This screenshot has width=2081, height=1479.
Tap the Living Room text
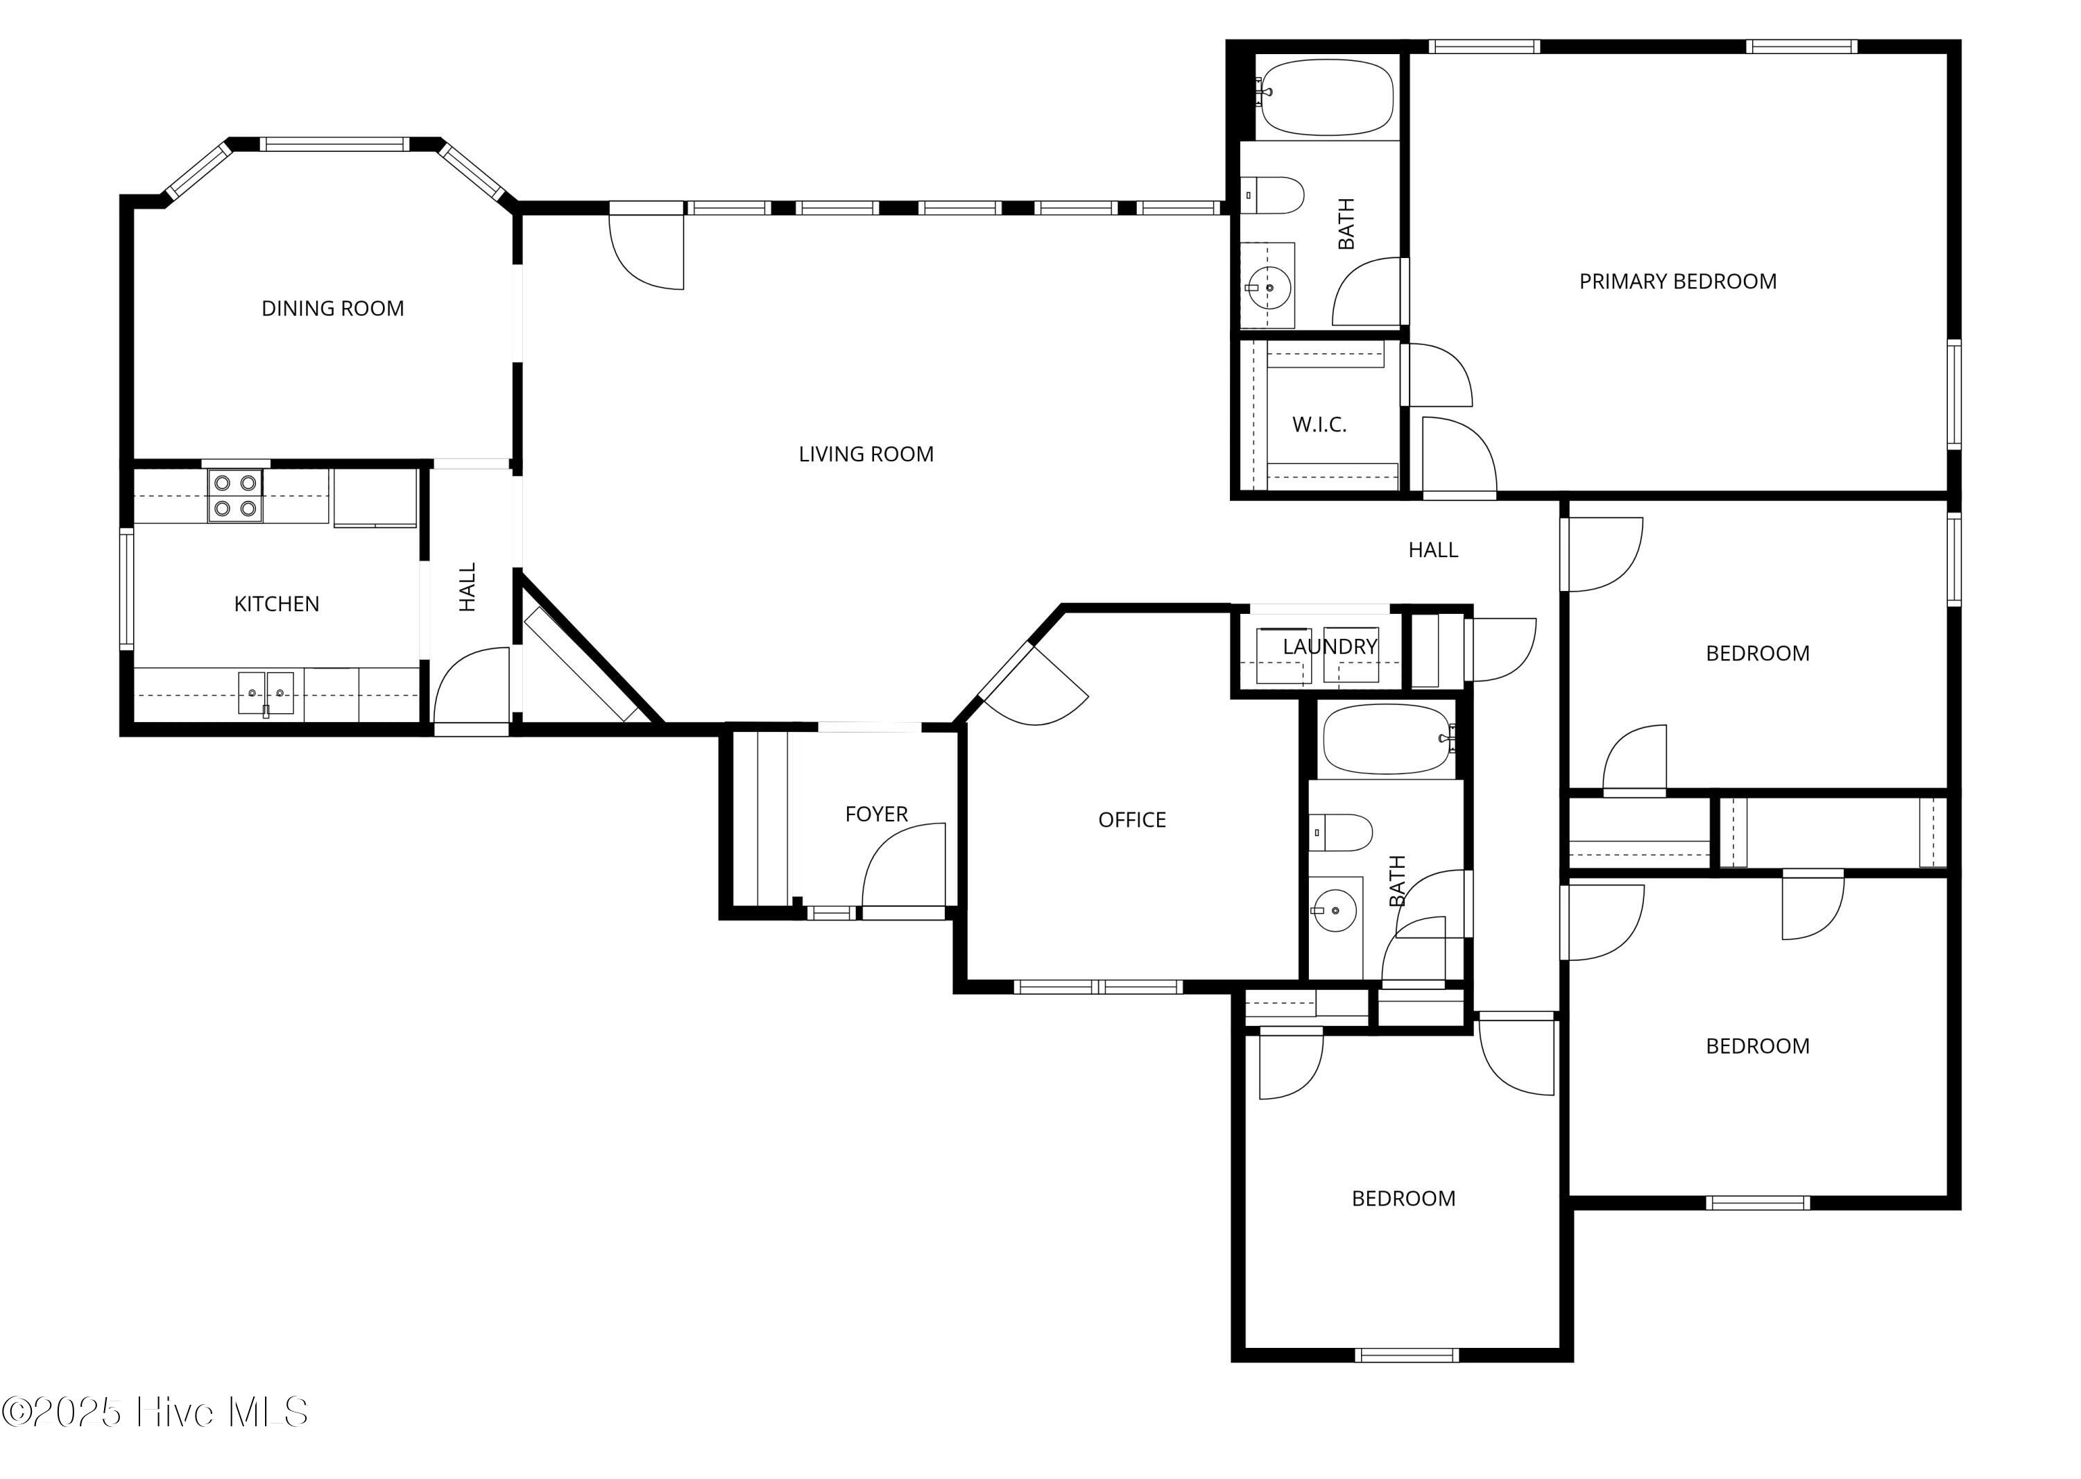[x=866, y=454]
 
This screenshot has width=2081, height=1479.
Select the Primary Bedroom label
[x=1677, y=282]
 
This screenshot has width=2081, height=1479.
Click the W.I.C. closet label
[x=1319, y=425]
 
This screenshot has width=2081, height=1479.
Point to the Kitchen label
[x=277, y=604]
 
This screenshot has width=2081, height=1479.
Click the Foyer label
[x=876, y=814]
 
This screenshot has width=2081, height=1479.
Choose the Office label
[x=1132, y=820]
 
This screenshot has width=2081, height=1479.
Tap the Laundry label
[x=1330, y=647]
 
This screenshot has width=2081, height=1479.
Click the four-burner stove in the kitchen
[x=235, y=495]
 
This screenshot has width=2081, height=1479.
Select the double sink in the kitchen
[x=266, y=694]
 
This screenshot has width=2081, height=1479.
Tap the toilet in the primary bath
[x=1273, y=196]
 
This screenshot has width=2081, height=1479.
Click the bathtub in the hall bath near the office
[x=1389, y=739]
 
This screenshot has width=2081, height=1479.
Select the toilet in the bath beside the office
[x=1342, y=832]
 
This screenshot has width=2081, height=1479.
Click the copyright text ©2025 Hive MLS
[x=155, y=1412]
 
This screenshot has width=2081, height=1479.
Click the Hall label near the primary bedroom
[x=1434, y=550]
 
